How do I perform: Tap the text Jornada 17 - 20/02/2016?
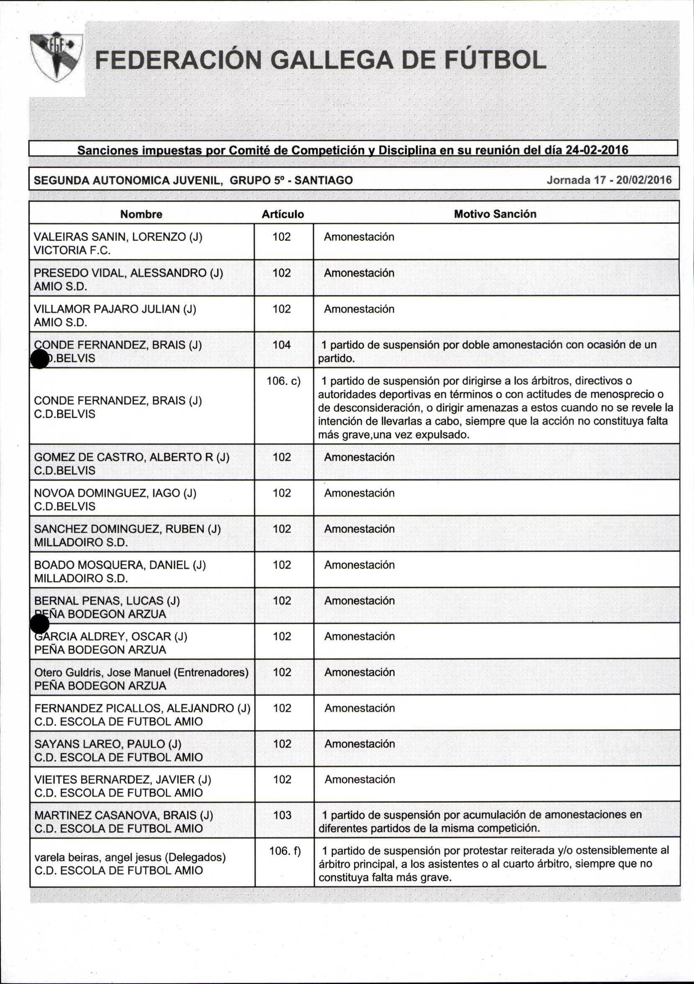(x=609, y=180)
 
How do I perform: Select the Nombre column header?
(x=141, y=214)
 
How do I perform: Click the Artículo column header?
(x=283, y=214)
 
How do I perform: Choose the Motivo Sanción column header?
(x=495, y=214)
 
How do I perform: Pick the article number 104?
(x=282, y=344)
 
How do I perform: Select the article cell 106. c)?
(x=283, y=380)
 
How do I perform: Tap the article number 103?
(x=282, y=815)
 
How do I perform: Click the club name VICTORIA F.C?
(x=72, y=250)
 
